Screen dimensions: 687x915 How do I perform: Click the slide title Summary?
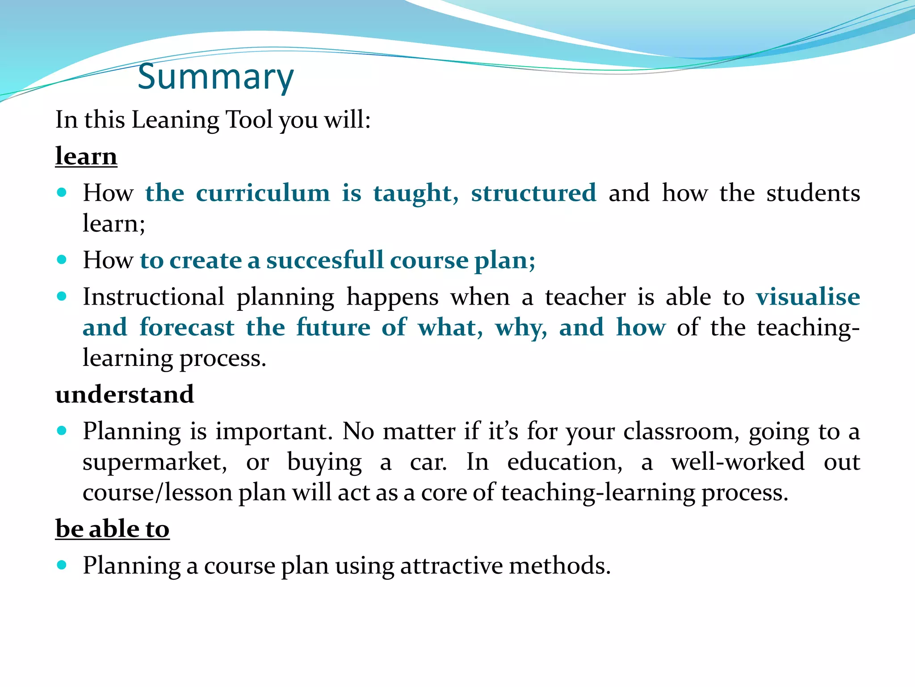point(215,77)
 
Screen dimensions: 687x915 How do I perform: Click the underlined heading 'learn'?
point(86,157)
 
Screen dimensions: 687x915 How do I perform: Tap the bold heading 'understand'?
point(125,394)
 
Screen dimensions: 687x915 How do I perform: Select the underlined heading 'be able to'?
point(112,529)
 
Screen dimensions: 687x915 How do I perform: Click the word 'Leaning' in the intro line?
point(175,120)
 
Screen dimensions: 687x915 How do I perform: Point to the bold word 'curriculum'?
point(263,193)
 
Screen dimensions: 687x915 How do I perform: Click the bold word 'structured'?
point(533,193)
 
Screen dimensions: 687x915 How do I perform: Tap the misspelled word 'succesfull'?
point(325,260)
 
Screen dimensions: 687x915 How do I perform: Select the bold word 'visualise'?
point(808,297)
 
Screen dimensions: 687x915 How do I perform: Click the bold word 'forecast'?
point(187,327)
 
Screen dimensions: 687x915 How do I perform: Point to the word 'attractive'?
point(451,566)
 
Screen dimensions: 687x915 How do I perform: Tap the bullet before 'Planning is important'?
point(62,431)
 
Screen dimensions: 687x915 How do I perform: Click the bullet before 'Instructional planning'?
point(62,297)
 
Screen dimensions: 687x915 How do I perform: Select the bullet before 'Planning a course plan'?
point(62,565)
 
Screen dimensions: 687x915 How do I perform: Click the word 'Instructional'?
point(153,297)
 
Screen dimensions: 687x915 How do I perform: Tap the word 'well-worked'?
point(738,462)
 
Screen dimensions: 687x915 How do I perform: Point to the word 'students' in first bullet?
point(813,193)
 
